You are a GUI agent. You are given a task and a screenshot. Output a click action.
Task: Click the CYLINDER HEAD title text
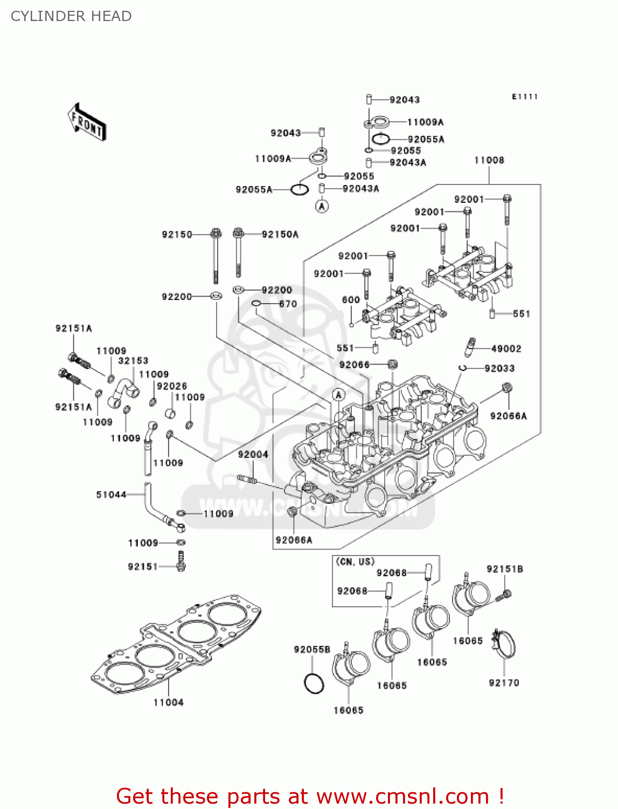click(71, 16)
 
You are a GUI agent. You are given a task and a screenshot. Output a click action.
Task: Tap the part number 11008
click(489, 160)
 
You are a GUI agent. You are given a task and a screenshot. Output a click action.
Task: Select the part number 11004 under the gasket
click(168, 702)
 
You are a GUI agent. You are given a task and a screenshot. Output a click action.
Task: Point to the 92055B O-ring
click(314, 683)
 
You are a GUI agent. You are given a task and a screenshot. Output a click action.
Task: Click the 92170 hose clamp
click(504, 644)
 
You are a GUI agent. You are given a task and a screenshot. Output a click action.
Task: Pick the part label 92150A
click(280, 234)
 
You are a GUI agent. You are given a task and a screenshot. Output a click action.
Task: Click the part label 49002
click(506, 349)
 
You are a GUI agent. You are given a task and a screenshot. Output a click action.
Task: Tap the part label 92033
click(499, 368)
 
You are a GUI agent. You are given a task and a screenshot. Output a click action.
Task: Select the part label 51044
click(111, 495)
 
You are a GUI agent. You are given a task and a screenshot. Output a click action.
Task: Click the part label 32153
click(133, 361)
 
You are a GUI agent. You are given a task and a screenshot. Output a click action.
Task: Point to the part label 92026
click(172, 386)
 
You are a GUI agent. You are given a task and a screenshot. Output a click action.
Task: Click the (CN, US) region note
click(355, 561)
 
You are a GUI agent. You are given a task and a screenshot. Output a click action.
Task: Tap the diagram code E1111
click(525, 97)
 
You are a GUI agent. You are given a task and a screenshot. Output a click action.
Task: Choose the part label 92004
click(253, 455)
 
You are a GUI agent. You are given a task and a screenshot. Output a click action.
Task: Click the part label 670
click(288, 304)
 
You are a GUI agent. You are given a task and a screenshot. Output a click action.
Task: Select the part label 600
click(351, 300)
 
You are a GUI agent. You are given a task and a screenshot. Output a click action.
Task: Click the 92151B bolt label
click(505, 569)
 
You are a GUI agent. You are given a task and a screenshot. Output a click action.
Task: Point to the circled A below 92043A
click(322, 206)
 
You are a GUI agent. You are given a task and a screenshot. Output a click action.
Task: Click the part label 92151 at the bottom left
click(143, 566)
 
